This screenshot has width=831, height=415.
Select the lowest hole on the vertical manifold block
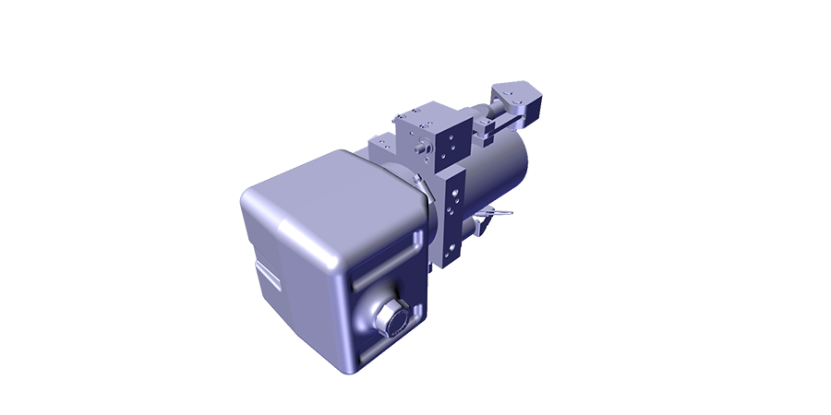[452, 251]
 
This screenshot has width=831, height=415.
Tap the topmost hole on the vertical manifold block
[453, 181]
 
